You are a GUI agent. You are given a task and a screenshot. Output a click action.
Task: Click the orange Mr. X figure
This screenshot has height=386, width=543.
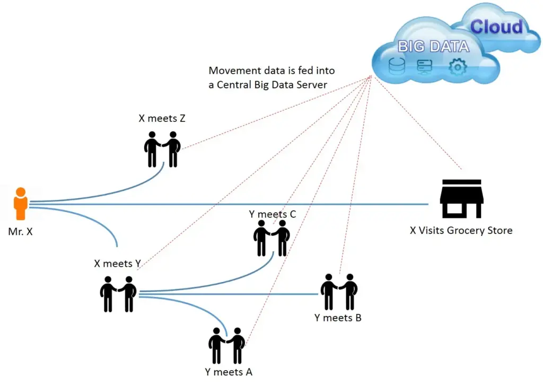click(21, 204)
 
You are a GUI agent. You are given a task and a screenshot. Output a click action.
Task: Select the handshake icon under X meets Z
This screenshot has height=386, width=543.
click(162, 149)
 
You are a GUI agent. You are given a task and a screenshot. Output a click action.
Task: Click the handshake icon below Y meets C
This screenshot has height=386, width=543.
click(271, 238)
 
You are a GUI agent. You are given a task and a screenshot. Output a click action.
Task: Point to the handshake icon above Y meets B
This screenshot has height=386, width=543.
click(339, 292)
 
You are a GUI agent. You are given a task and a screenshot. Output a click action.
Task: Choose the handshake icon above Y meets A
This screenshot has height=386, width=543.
click(227, 345)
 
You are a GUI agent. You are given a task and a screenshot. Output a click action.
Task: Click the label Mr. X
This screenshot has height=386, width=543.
click(21, 232)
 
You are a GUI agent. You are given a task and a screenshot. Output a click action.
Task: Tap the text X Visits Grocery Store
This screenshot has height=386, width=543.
click(461, 231)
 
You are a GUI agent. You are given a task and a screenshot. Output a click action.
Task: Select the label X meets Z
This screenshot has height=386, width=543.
click(162, 119)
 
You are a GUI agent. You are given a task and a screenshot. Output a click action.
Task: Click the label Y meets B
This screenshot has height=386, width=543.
click(338, 318)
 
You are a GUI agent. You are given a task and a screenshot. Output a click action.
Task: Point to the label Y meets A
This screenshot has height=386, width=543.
click(229, 372)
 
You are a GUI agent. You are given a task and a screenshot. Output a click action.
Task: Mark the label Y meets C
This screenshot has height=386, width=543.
click(273, 214)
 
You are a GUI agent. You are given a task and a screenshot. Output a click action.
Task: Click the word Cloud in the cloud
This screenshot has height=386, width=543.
click(496, 27)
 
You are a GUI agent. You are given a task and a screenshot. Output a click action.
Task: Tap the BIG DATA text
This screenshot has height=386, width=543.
click(433, 47)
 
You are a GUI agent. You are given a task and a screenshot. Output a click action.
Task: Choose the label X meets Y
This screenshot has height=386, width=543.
click(117, 264)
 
